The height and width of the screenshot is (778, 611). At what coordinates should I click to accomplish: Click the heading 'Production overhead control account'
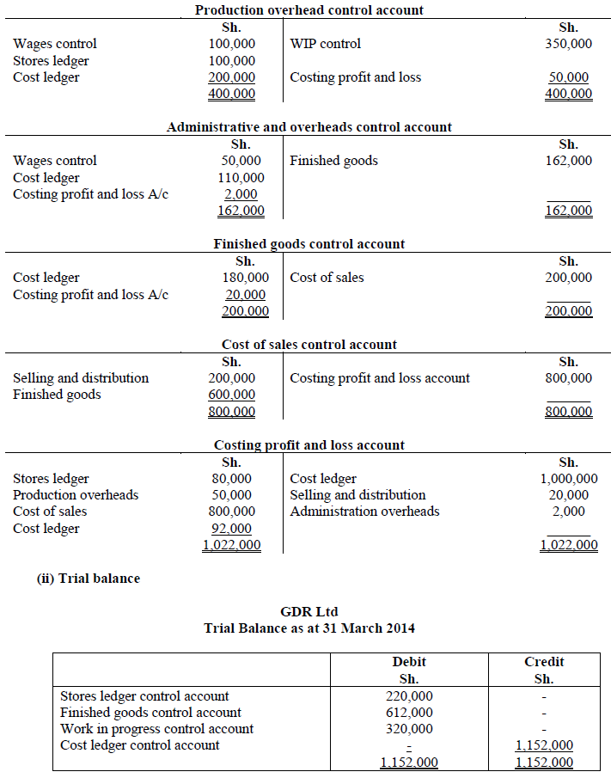click(x=309, y=10)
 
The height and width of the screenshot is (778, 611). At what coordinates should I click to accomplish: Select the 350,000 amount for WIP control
click(x=568, y=44)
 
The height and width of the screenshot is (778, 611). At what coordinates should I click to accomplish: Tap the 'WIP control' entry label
click(x=325, y=44)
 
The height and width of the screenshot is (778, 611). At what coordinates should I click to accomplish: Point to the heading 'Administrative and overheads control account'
click(x=309, y=127)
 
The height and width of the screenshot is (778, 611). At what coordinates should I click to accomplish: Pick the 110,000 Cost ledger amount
click(x=241, y=178)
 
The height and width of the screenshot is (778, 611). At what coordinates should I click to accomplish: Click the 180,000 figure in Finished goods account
click(x=245, y=278)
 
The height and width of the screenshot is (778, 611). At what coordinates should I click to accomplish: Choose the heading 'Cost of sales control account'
click(x=309, y=345)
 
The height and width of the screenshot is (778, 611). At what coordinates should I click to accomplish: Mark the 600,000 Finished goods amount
click(x=232, y=395)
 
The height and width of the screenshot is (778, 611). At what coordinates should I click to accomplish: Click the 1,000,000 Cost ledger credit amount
click(x=568, y=479)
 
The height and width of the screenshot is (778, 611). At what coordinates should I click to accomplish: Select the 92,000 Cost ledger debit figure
click(x=232, y=529)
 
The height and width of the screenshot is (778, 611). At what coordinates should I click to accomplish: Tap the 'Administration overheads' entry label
click(x=364, y=512)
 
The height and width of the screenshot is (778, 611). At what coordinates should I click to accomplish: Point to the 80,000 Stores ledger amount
click(x=232, y=479)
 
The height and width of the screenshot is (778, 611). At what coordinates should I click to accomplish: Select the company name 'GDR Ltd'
click(x=309, y=612)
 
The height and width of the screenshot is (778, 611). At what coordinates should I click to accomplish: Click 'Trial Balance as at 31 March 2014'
click(x=309, y=628)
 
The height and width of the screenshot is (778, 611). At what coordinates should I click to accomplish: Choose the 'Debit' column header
click(x=409, y=662)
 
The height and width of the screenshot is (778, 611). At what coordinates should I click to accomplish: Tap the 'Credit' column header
click(x=544, y=662)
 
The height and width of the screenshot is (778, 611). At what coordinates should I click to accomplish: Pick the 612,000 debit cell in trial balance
click(x=409, y=713)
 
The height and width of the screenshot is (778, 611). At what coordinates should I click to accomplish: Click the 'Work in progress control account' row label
click(x=156, y=729)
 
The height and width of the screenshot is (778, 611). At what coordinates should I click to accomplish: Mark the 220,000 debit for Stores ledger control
click(x=409, y=696)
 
